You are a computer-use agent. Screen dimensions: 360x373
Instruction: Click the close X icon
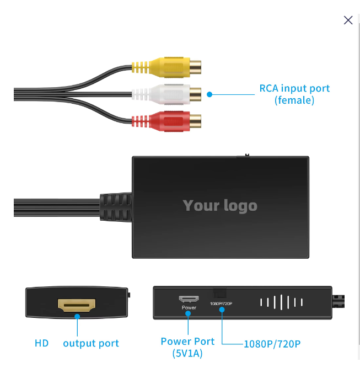[348, 20]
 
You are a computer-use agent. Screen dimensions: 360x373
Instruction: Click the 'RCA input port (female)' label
[294, 94]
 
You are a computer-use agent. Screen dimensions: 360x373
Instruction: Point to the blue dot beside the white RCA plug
[209, 94]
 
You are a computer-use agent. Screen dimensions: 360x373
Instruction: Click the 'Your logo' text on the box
[220, 206]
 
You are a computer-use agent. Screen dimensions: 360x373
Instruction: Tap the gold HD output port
[77, 304]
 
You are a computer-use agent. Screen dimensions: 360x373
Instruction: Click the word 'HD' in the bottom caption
[42, 343]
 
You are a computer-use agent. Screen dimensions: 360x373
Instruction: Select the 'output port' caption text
[91, 343]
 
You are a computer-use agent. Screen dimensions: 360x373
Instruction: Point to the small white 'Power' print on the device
[189, 307]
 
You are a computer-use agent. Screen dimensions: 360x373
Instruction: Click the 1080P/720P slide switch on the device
[220, 295]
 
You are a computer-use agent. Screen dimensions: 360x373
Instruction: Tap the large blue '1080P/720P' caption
[272, 344]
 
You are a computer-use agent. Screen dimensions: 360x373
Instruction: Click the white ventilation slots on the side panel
[281, 302]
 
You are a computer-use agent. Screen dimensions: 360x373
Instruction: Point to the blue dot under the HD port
[78, 317]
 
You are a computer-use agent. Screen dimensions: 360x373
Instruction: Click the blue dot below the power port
[189, 315]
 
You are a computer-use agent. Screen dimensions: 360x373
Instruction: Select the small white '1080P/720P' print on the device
[221, 304]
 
